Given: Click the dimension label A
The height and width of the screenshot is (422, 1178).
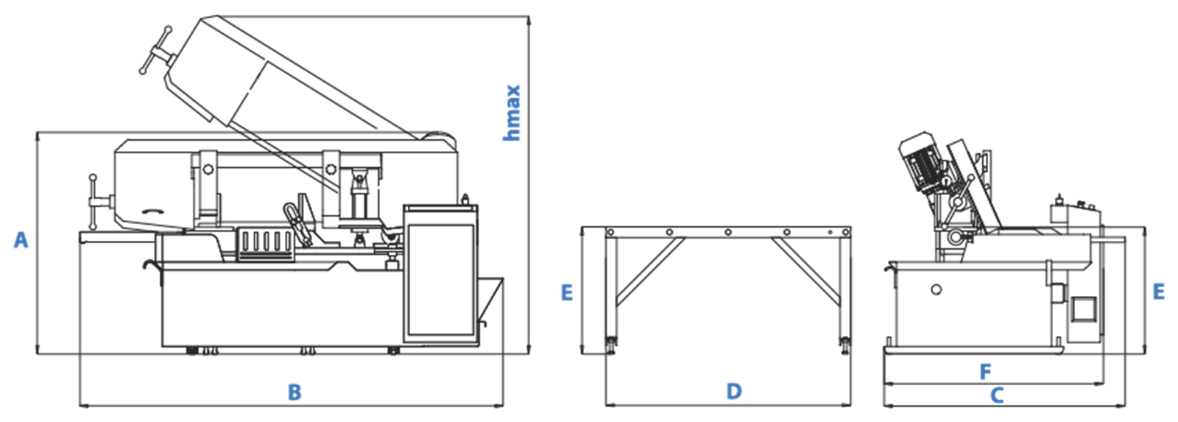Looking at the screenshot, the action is pos(21,240).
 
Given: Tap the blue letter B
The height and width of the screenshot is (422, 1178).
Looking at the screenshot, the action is pos(294,393).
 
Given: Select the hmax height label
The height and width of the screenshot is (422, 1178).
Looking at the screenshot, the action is pos(511,113).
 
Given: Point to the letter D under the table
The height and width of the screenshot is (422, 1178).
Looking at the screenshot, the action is pos(734,392).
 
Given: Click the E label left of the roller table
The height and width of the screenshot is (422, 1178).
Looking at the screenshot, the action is pos(567,292).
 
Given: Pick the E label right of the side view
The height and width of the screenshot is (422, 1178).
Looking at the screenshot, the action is pos(1159,292).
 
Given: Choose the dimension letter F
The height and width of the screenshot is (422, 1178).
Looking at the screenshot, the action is pos(986,373).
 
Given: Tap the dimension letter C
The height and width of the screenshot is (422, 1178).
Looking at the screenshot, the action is pos(997,395).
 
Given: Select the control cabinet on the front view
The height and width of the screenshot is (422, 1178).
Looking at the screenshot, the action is pos(441,274).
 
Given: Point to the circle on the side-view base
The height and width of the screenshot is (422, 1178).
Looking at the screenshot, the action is pos(936,289).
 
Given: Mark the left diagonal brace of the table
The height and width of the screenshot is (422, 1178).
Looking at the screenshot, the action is pos(650,272).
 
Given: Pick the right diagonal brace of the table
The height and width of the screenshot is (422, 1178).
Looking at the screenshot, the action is pos(805,272).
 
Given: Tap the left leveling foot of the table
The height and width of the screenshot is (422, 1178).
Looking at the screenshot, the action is pos(612,345).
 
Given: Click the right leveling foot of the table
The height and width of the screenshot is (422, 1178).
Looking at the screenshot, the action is pos(845,345).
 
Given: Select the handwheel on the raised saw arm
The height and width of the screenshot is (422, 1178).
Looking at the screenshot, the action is pos(155,51).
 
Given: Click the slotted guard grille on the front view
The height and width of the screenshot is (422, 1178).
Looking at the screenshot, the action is pos(266,245).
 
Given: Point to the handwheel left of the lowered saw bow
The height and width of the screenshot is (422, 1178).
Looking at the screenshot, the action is pos(95,202).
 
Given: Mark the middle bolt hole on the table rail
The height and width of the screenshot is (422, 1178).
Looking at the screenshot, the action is pos(728,233).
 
